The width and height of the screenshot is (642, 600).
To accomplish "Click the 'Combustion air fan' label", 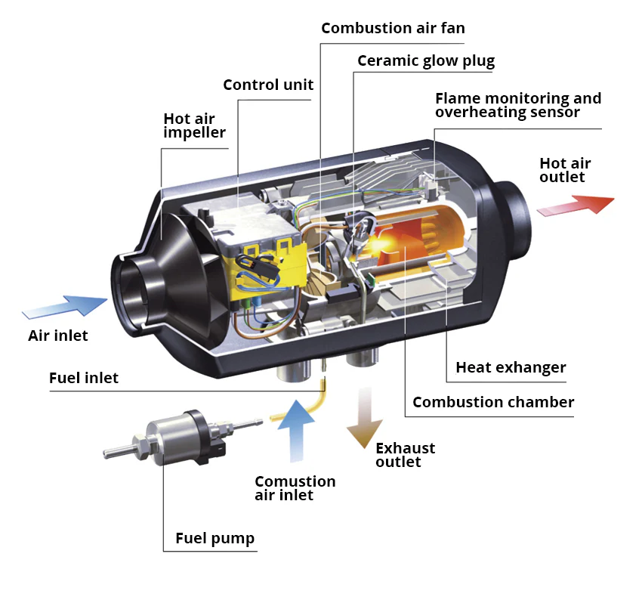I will pos(393,29).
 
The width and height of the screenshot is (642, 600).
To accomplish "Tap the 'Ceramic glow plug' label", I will pos(426,61).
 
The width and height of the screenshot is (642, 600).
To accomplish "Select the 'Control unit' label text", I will pos(268,85).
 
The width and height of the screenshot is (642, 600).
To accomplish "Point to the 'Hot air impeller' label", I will pos(194,125).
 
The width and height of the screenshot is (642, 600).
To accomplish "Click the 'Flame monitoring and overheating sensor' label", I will pos(518,105).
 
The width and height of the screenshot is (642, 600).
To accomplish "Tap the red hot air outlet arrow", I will pos(579,205).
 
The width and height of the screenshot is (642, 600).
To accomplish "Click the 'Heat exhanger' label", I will pos(511,368).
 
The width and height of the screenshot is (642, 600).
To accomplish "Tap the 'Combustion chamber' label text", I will pos(493,402).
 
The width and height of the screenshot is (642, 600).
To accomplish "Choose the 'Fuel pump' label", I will pos(215,539).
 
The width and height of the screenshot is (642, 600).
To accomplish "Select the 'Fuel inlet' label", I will pos(84,378).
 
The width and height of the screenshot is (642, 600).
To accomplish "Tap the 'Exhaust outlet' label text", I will pos(405,454).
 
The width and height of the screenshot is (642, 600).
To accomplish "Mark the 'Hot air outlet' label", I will pos(565,170).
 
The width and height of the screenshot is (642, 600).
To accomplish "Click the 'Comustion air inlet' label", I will pos(295,488).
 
